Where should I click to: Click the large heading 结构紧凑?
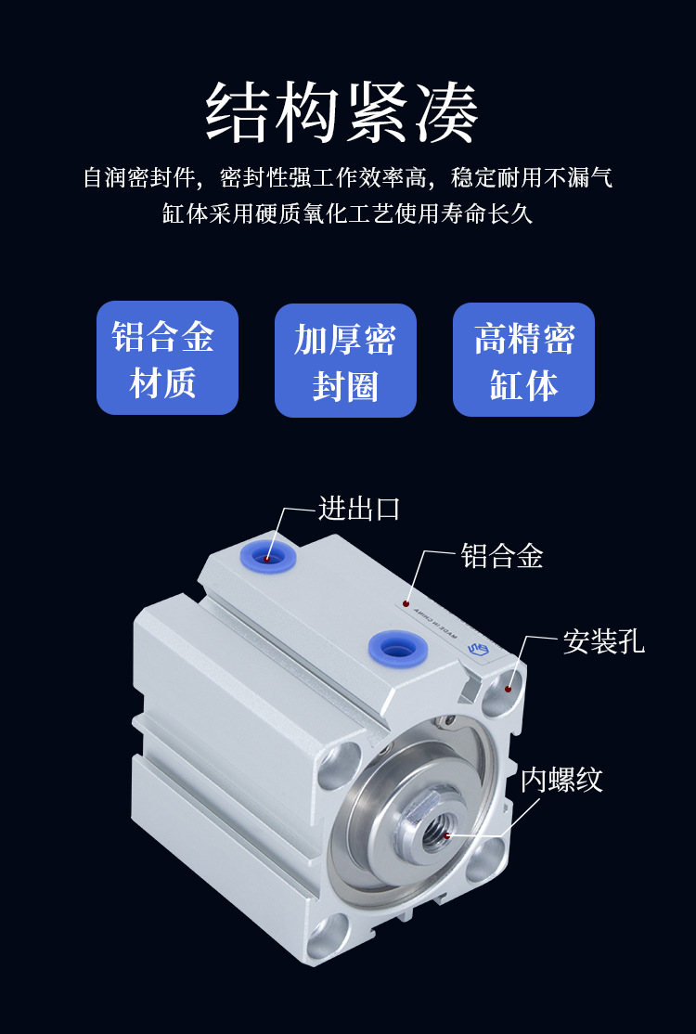[x=342, y=112]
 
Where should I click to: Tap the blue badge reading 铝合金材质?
[x=167, y=358]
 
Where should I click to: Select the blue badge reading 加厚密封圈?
[x=345, y=361]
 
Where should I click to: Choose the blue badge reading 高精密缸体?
[x=523, y=360]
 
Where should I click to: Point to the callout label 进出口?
[x=359, y=509]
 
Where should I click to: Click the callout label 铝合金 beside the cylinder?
[x=502, y=556]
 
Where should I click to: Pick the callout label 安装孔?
[x=603, y=641]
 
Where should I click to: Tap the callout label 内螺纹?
[x=561, y=779]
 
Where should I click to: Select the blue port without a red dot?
[x=396, y=646]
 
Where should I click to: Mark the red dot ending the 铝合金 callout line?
[x=406, y=602]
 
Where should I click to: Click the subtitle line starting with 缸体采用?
[x=347, y=214]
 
